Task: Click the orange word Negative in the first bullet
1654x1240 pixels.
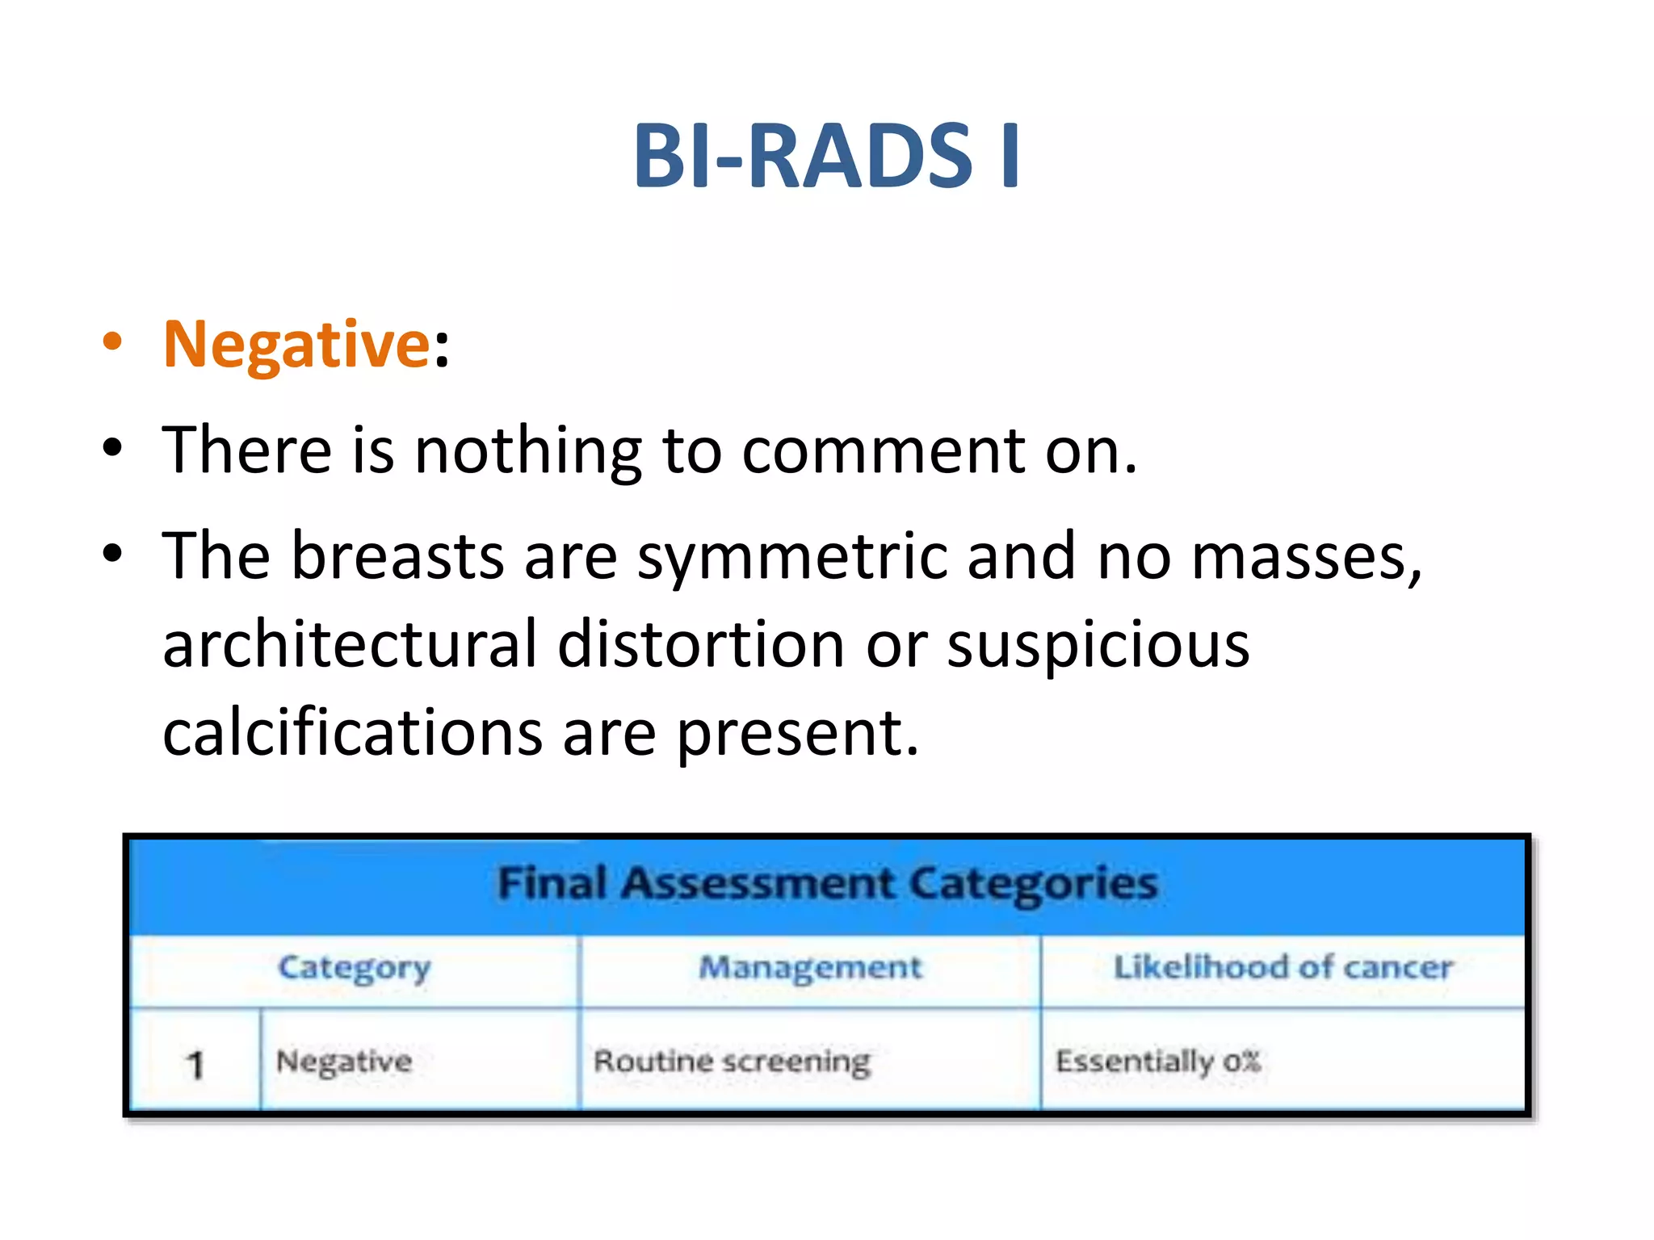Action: coord(296,345)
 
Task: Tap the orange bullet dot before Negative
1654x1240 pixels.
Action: coord(112,341)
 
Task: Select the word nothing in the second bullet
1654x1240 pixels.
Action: coord(527,450)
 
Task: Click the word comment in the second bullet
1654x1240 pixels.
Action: coord(883,450)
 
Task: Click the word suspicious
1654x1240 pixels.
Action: coord(1098,646)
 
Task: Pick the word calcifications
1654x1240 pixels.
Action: coord(352,733)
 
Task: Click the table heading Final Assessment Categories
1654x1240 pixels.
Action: coord(826,883)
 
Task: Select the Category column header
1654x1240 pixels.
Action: coord(354,968)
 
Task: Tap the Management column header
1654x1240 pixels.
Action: coord(810,967)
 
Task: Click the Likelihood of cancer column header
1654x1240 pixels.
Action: coord(1282,967)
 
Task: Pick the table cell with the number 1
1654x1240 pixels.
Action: coord(195,1064)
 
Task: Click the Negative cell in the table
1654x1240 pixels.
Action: coord(344,1062)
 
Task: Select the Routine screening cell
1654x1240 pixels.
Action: coord(732,1062)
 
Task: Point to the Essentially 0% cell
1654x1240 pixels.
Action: coord(1158,1062)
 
